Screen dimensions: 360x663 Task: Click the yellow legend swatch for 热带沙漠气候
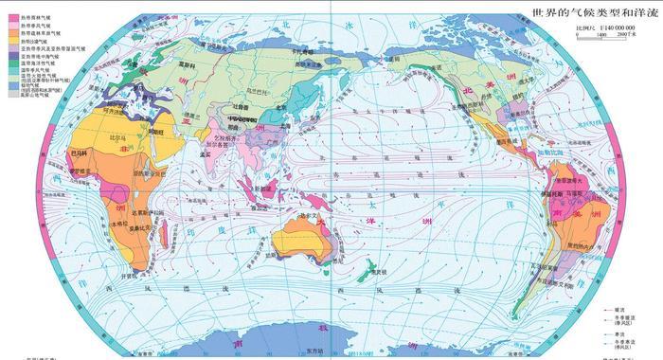click(x=12, y=40)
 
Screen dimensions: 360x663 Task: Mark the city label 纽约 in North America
click(x=530, y=102)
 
